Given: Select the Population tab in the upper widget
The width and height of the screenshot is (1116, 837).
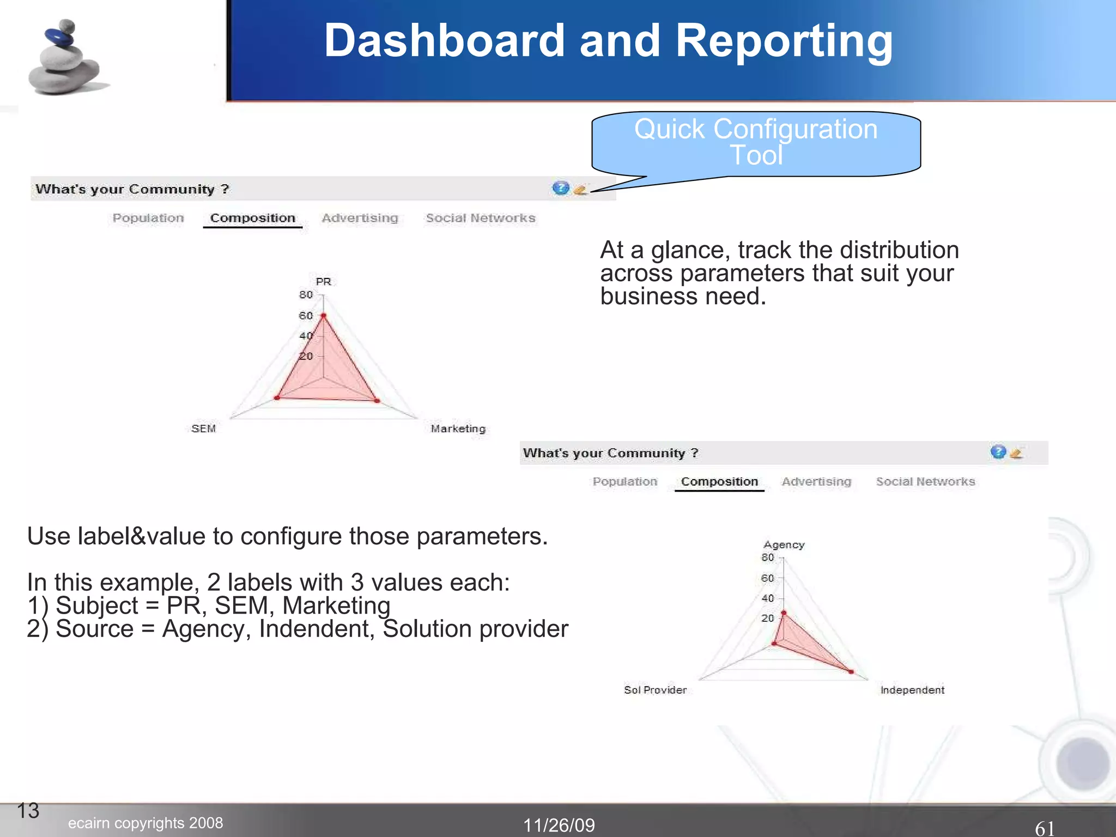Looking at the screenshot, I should tap(148, 218).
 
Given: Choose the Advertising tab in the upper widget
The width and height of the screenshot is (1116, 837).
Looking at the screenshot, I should tap(360, 218).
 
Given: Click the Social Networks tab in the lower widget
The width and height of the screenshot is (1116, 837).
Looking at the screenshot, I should tap(925, 482).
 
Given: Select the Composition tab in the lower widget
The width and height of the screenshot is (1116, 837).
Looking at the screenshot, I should tap(719, 482).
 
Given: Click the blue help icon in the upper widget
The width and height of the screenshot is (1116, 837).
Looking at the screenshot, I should tap(560, 188).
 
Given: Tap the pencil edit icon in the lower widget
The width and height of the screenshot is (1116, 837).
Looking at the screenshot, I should tap(1016, 453).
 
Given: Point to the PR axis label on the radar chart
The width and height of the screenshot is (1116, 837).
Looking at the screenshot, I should tap(323, 281).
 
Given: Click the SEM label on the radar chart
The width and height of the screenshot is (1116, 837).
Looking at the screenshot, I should tap(204, 429).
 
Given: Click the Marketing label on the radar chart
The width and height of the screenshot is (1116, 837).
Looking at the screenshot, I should tap(458, 429).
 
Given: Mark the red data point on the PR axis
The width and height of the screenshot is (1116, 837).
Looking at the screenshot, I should tap(323, 316).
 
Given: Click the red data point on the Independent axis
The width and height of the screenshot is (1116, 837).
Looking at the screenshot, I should tap(851, 671).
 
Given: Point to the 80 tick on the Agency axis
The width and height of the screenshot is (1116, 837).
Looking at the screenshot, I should tap(767, 557).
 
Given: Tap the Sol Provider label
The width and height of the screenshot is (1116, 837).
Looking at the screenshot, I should tap(655, 690).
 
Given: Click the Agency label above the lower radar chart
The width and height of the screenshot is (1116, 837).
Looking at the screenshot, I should tap(784, 545).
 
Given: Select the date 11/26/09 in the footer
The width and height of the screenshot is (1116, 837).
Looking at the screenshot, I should tap(559, 825).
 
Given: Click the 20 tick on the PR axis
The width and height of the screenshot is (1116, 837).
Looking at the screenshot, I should tap(306, 356).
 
